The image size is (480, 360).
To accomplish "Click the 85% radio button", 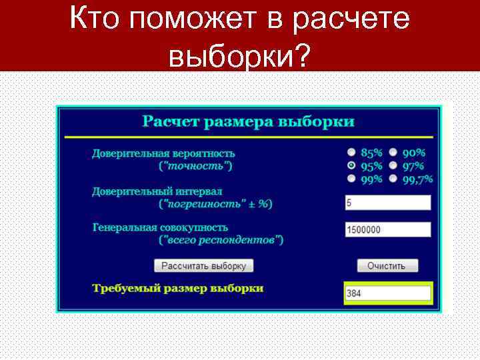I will tap(351, 153).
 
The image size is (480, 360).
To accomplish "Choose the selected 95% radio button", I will tap(351, 165).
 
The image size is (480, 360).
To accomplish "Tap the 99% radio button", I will tap(351, 179).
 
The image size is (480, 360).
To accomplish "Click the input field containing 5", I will tap(387, 203).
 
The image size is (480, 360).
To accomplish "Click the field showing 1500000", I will tap(387, 229).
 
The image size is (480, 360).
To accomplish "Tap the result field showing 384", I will tap(387, 293).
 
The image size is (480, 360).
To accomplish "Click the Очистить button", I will tap(387, 265).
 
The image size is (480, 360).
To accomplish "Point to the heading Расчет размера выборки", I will tap(248, 122).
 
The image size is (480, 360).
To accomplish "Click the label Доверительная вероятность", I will tap(163, 153).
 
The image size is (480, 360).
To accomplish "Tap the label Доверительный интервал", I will tap(157, 191).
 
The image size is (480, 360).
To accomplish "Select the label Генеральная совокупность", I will tap(160, 227).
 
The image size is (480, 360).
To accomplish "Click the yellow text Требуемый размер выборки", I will tap(177, 289).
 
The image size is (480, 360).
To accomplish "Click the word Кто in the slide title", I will tap(97, 20).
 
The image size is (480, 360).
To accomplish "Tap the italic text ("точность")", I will tap(196, 165).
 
